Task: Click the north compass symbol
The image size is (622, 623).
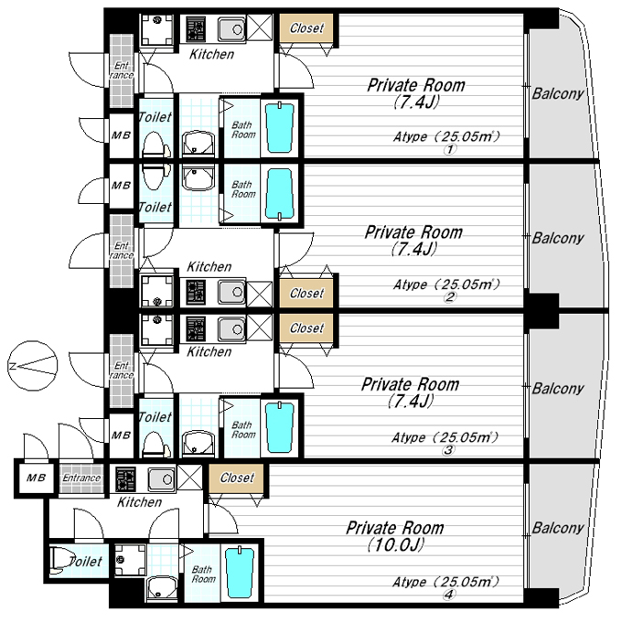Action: click(33, 366)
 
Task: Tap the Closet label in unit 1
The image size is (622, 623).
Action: click(306, 28)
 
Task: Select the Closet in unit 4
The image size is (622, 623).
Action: click(236, 478)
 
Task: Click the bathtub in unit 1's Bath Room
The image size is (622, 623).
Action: click(280, 127)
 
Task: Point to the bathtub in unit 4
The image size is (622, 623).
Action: click(240, 573)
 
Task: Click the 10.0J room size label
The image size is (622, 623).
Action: click(395, 544)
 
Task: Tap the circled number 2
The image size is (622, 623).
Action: click(450, 297)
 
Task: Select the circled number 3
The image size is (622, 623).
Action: click(448, 450)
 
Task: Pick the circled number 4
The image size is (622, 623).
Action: click(449, 595)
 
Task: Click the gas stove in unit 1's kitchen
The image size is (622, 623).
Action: click(196, 29)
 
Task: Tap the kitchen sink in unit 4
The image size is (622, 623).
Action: click(161, 478)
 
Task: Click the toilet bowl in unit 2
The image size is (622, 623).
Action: click(153, 177)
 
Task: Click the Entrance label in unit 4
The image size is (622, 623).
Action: click(81, 478)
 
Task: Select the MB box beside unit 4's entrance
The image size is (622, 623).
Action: click(37, 478)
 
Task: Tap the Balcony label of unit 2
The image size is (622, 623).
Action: click(558, 239)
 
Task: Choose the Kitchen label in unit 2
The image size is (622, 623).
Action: click(209, 266)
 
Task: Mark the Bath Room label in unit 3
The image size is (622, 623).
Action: click(243, 430)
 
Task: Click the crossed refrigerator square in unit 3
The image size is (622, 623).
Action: click(260, 328)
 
